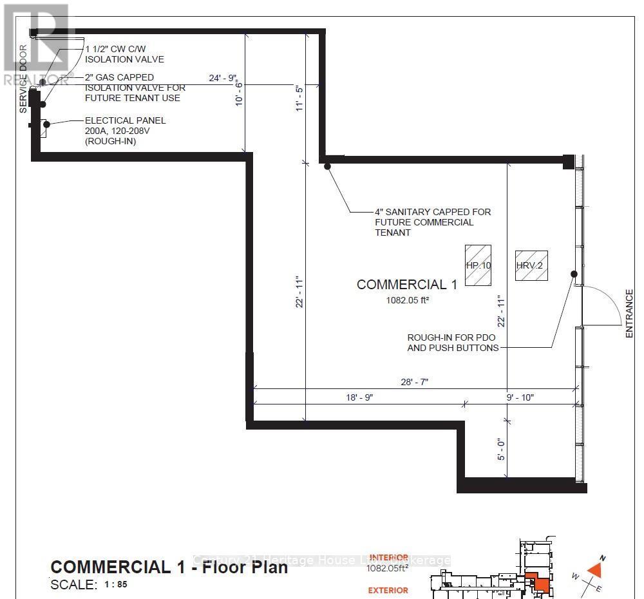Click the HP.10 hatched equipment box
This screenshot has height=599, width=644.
(478, 265)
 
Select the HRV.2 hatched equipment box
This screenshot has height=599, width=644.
(531, 265)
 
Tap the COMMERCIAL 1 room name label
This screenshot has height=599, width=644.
(407, 285)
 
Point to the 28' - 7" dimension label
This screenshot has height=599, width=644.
(414, 382)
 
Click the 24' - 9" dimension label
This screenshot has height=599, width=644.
(223, 78)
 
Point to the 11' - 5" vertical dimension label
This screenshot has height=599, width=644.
(299, 99)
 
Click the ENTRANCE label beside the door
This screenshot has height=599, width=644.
(629, 314)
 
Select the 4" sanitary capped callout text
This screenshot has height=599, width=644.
(433, 222)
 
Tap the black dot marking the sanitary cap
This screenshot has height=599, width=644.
(327, 167)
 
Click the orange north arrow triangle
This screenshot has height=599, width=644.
(595, 569)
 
